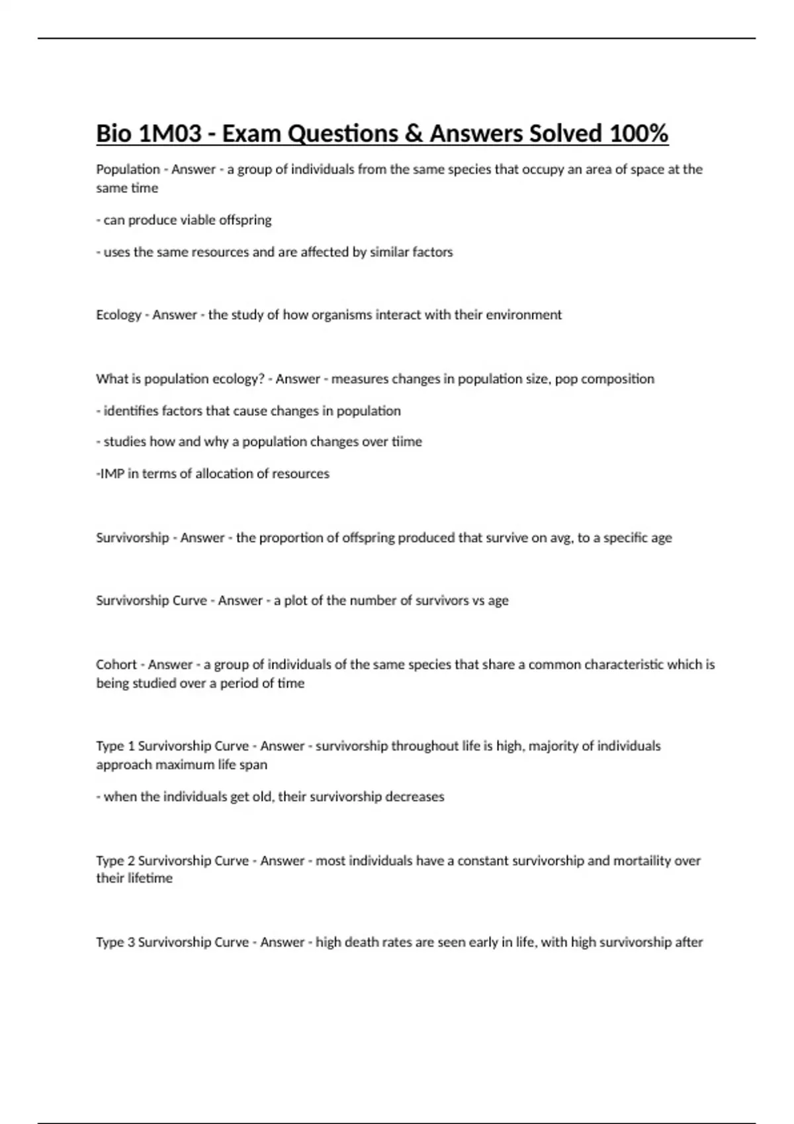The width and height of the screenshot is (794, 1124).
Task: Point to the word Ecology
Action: click(x=118, y=315)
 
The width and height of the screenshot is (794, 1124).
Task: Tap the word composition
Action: click(x=617, y=379)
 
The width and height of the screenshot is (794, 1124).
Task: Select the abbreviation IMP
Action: click(x=112, y=473)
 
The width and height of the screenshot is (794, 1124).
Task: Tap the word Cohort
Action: click(x=116, y=664)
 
